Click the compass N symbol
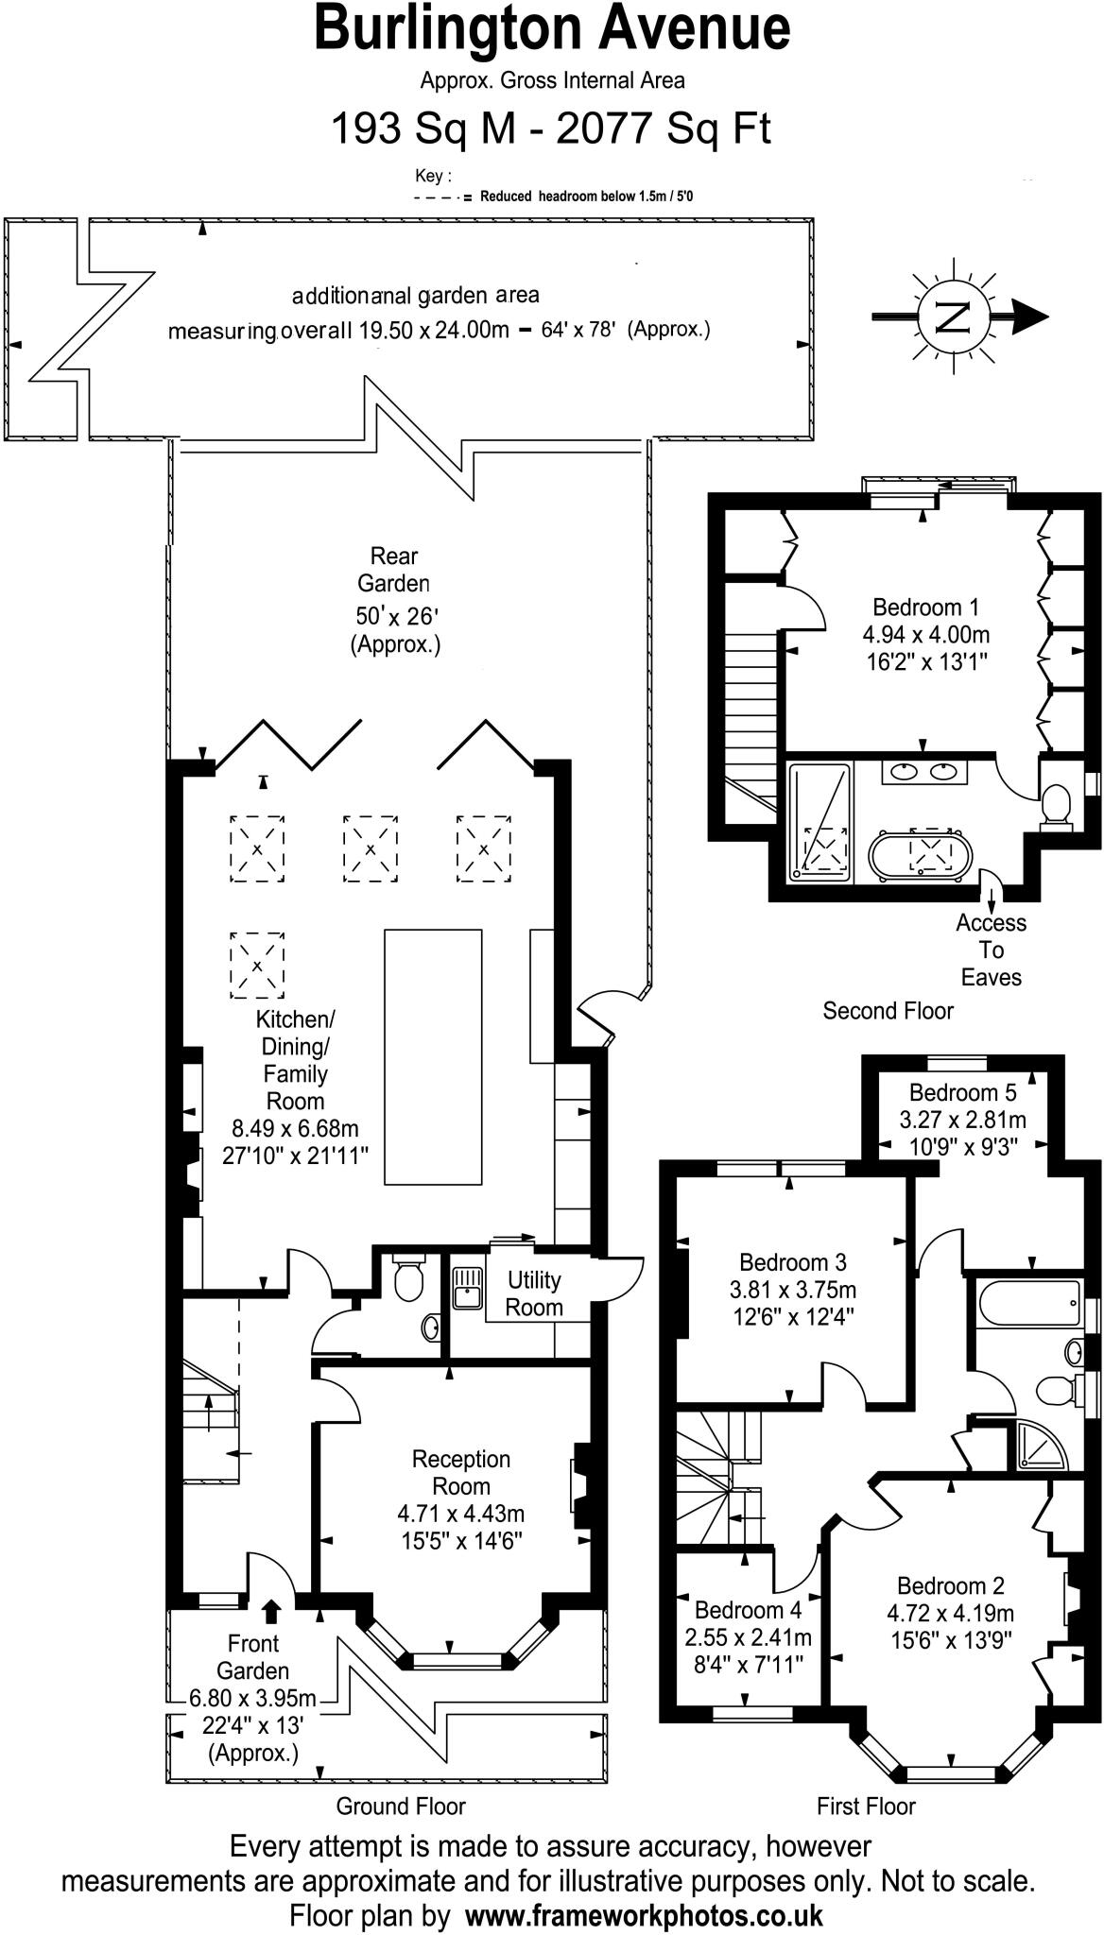(x=953, y=317)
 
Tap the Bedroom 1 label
(x=925, y=607)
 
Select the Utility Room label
(x=534, y=1293)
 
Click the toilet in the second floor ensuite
(x=1056, y=806)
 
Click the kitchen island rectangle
(x=433, y=1056)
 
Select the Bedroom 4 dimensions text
(x=748, y=1651)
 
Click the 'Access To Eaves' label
(x=991, y=950)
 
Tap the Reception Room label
(x=460, y=1472)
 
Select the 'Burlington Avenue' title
(x=552, y=28)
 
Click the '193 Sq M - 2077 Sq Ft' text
(x=550, y=128)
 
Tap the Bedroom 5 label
(x=962, y=1092)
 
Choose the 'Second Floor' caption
(x=888, y=1011)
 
